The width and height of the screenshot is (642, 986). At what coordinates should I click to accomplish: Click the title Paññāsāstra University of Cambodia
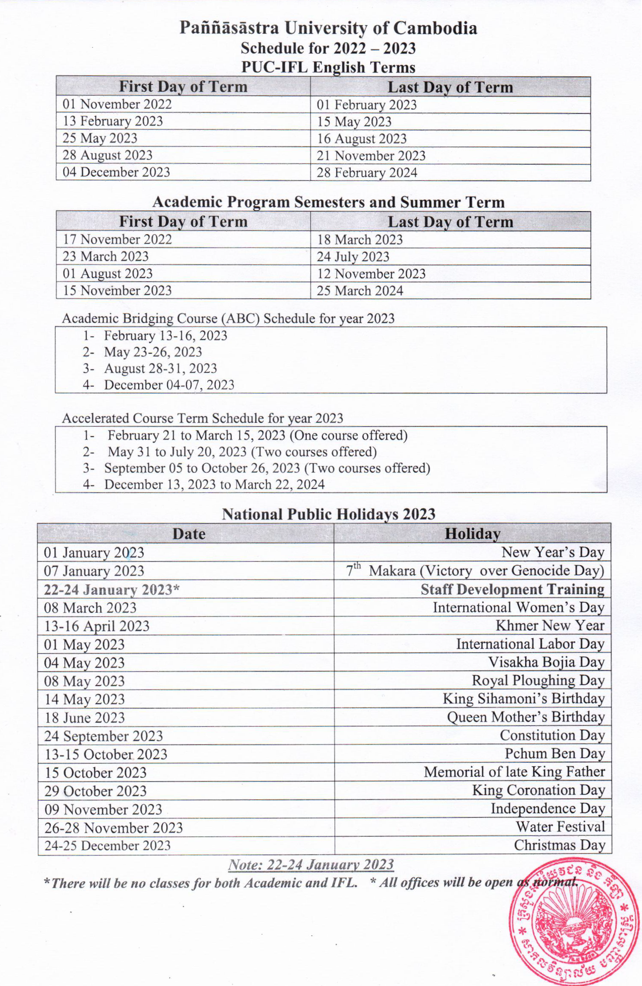point(328,28)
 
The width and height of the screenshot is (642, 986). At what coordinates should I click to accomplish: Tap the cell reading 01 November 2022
point(117,104)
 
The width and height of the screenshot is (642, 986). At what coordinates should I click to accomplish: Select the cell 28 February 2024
point(367,173)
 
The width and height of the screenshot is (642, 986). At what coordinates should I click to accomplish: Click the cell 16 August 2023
point(362,139)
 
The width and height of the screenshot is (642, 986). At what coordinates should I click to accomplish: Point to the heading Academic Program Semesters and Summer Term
point(328,202)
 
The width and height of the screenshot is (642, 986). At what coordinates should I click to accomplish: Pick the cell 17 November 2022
point(117,239)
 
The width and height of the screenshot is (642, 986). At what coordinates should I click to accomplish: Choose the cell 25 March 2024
point(360,291)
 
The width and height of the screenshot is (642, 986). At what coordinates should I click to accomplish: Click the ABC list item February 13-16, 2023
point(166,336)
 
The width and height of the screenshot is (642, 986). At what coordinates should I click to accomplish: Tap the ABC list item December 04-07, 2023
point(169,385)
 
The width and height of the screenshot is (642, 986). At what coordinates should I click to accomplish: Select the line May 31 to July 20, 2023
point(242,452)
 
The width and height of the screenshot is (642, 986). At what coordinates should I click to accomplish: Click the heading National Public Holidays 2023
point(328,514)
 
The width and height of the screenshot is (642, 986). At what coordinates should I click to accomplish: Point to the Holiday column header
point(472,534)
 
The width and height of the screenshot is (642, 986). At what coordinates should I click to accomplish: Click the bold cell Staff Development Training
point(512,589)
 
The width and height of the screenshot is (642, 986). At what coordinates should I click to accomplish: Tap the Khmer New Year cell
point(550,625)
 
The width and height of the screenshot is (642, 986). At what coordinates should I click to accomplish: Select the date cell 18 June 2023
point(84,718)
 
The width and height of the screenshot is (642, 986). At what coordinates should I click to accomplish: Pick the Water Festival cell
point(560,827)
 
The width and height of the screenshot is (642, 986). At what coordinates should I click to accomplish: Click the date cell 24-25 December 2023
point(107,846)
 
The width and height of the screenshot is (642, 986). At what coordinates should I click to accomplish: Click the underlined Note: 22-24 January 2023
point(311,865)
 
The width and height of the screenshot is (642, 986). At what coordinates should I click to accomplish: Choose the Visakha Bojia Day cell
point(546,662)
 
